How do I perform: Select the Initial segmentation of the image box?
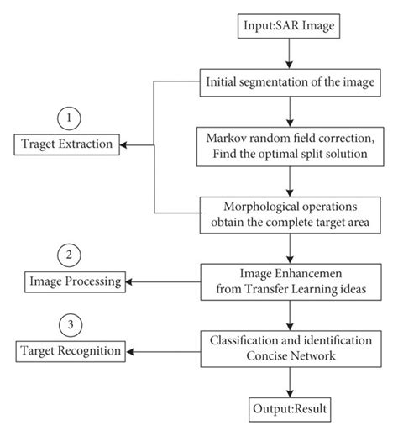[289, 84]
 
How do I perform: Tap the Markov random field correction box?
[289, 144]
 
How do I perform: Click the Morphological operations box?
[289, 214]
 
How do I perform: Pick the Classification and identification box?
[289, 346]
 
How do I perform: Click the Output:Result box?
[289, 409]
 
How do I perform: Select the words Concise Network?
[289, 355]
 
